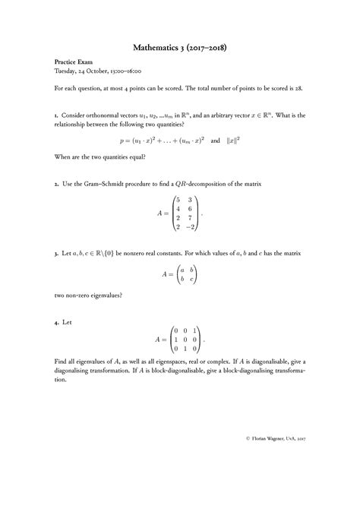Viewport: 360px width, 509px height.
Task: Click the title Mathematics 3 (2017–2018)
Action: [x=179, y=47]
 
